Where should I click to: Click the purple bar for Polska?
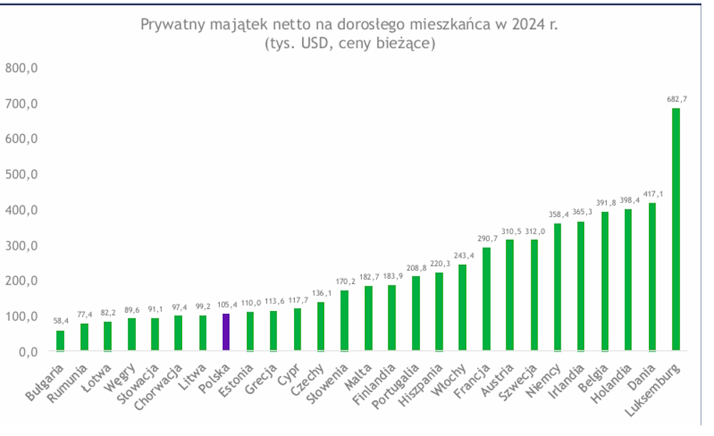[x=226, y=333]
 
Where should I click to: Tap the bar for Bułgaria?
[x=60, y=341]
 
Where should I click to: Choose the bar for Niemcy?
[x=558, y=288]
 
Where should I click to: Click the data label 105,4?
[x=226, y=305]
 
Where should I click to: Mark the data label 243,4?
[x=463, y=255]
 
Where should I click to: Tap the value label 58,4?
[x=61, y=321]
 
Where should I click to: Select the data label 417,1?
[x=652, y=193]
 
